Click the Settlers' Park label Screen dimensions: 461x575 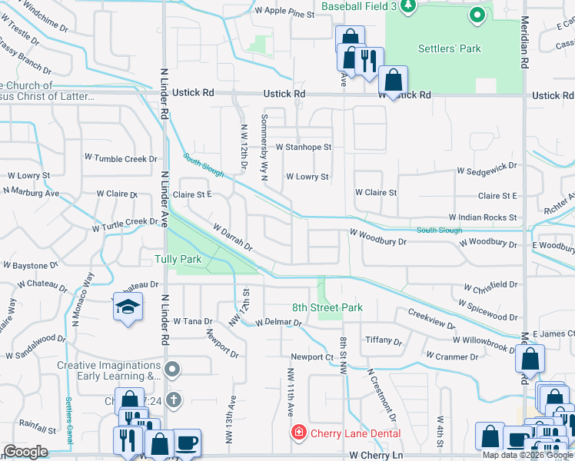point(449,48)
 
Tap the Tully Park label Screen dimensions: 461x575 point(178,259)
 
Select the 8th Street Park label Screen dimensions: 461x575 point(327,307)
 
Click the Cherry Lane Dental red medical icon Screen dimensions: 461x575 point(299,433)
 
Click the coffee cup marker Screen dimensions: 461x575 point(187,443)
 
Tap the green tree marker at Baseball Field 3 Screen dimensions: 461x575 point(407,6)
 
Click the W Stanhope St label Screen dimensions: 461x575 point(304,147)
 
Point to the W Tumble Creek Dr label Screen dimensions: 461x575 point(121,158)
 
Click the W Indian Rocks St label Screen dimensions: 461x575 point(483,218)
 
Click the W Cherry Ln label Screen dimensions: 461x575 point(376,455)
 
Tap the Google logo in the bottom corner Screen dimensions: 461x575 point(25,452)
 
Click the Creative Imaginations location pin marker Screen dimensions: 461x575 point(172,370)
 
